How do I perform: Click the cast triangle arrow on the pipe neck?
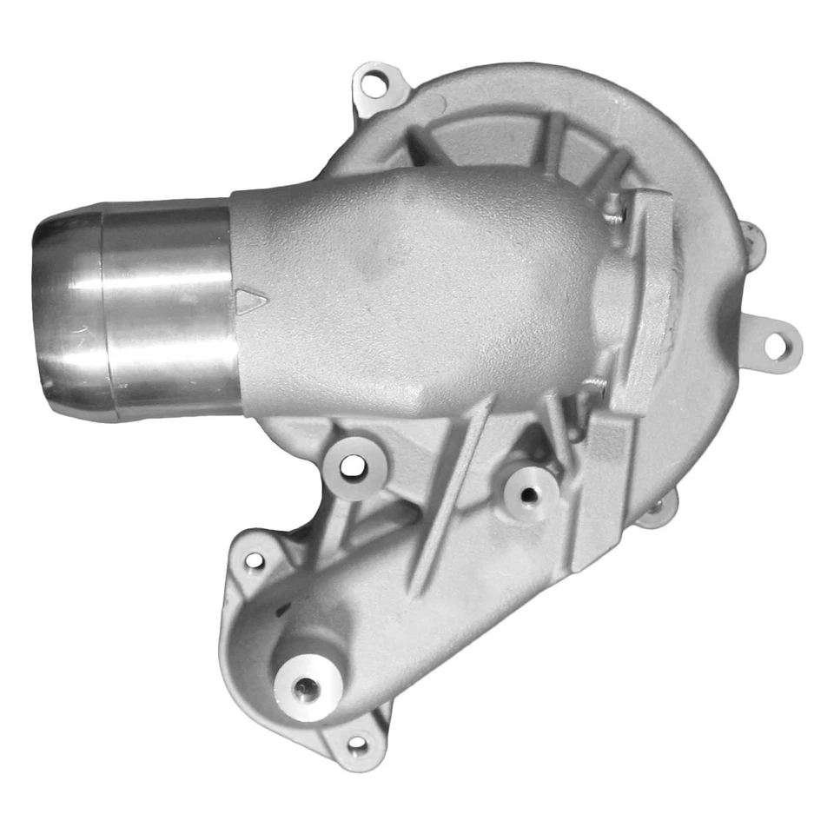[251, 302]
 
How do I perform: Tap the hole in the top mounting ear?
[374, 85]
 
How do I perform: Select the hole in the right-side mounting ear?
[775, 346]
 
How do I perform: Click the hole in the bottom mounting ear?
[356, 744]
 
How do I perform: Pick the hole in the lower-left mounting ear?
[253, 560]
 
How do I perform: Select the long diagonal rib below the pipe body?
[452, 495]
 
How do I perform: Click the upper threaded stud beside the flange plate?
[615, 208]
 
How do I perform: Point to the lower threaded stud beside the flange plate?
[598, 382]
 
